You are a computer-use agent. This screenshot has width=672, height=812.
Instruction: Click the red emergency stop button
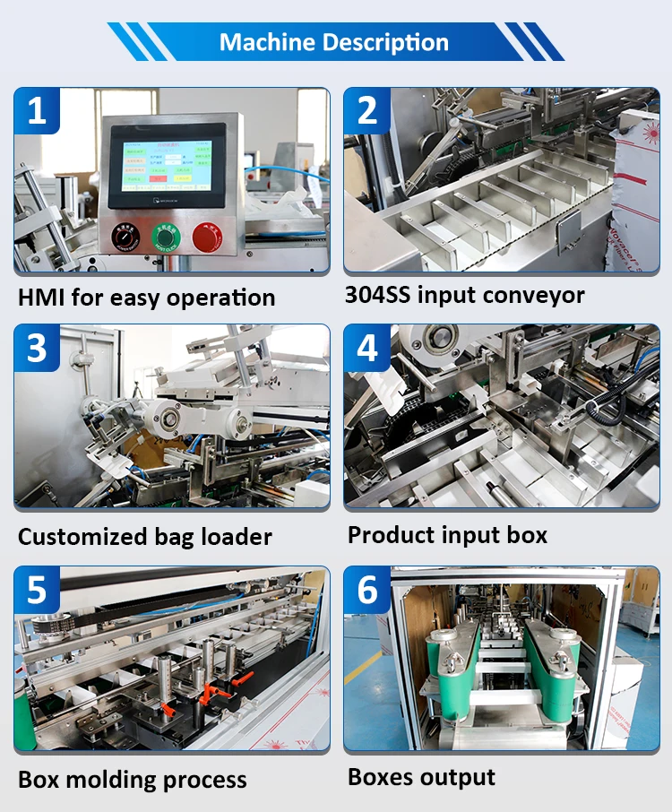(x=205, y=238)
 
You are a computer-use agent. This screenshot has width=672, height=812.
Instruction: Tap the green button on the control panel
(x=166, y=237)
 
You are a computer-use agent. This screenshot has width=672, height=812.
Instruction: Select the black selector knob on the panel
(x=125, y=237)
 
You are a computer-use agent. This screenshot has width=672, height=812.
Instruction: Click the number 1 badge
(x=37, y=111)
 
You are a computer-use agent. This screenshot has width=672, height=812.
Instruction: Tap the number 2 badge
(x=367, y=111)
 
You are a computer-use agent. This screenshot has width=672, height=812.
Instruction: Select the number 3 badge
(x=37, y=348)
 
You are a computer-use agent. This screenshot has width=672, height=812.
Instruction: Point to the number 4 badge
(x=367, y=348)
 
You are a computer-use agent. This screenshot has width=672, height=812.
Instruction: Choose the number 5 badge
(x=37, y=590)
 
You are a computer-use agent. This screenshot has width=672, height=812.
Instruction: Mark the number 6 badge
(x=367, y=590)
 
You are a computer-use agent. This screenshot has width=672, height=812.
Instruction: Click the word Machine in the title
(x=264, y=42)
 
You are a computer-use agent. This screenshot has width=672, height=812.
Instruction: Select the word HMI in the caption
(x=41, y=297)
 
